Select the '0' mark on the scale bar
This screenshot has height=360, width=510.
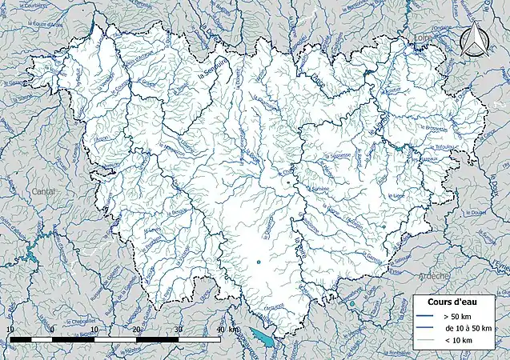point(52,330)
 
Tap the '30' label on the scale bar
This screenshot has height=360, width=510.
point(178,330)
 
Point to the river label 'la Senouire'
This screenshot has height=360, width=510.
point(211,80)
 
